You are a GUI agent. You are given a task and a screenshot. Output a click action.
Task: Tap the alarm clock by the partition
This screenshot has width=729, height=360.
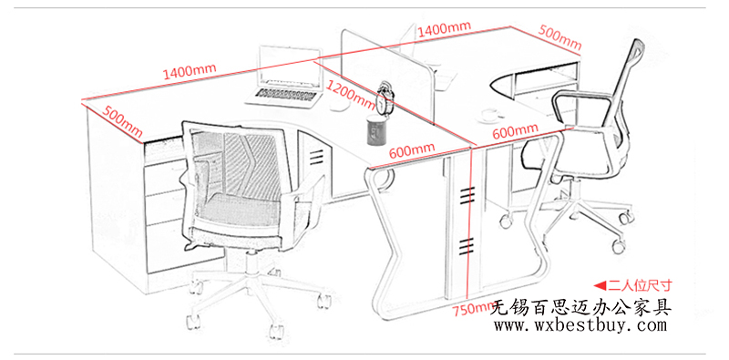point(385,98)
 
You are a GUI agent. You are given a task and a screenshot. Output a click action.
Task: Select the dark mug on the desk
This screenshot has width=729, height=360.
point(376,129)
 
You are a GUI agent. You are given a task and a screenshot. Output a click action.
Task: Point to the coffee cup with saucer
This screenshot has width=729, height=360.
point(489,115)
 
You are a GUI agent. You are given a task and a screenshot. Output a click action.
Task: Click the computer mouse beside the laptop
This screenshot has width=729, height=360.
point(339,105)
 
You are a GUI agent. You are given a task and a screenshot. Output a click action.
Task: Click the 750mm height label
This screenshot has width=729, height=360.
point(475,308)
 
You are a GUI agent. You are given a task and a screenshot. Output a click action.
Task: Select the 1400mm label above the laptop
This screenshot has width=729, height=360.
point(190,71)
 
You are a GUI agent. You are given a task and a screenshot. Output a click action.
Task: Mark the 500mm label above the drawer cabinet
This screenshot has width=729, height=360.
point(122,122)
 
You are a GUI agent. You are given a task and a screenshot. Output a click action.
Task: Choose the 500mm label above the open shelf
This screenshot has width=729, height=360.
point(560,36)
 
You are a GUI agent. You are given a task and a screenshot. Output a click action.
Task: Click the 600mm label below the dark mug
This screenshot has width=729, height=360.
point(412,150)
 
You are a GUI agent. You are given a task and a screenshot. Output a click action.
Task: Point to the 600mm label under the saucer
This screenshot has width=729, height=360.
point(515,131)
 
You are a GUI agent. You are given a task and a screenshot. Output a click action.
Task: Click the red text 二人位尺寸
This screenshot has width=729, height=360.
point(641,284)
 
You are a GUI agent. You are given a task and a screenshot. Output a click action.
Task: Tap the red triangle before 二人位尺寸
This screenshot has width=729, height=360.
point(600,284)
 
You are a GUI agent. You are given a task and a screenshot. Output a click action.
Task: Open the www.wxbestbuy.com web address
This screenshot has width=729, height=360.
point(580,325)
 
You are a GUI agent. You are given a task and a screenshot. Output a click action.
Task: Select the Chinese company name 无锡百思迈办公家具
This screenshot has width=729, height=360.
point(581,307)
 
